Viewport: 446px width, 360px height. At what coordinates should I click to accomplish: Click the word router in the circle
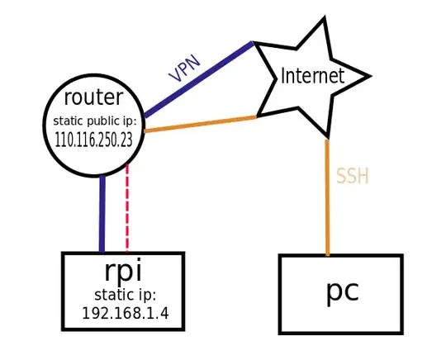point(94,98)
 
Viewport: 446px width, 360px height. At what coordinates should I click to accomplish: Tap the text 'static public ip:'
point(93,121)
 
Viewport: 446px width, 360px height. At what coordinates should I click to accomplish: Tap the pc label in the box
point(340,292)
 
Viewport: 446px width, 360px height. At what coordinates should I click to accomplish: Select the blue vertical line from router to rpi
point(102,215)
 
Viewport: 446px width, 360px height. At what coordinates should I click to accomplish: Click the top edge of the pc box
point(340,257)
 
